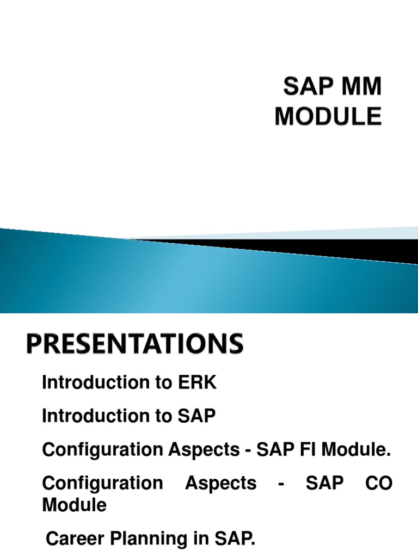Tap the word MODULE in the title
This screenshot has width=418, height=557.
pyautogui.click(x=328, y=116)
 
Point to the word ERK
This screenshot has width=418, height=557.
pyautogui.click(x=198, y=383)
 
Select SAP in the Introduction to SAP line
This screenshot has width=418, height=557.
pyautogui.click(x=198, y=417)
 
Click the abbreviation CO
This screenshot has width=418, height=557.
pyautogui.click(x=379, y=483)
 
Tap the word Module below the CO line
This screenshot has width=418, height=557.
pyautogui.click(x=74, y=505)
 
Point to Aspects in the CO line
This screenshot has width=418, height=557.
pyautogui.click(x=220, y=483)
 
